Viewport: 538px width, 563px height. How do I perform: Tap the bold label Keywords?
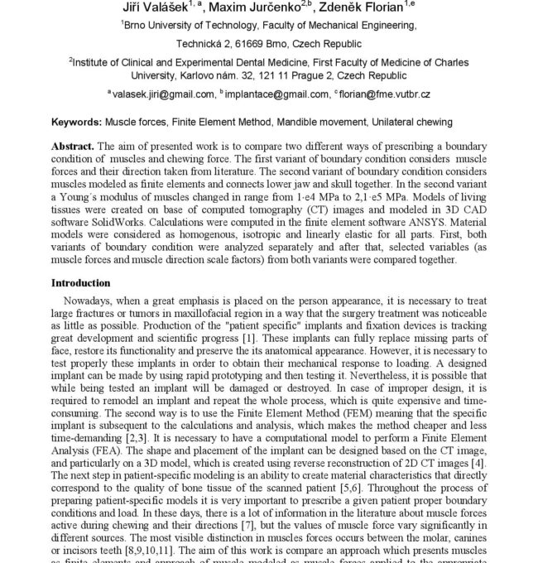(x=76, y=122)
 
